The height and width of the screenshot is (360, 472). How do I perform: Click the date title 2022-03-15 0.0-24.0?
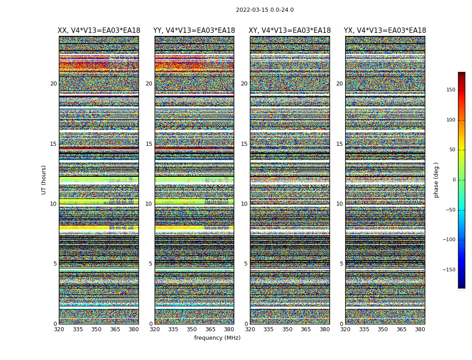pyautogui.click(x=265, y=10)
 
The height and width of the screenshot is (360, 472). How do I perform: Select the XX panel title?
pyautogui.click(x=99, y=31)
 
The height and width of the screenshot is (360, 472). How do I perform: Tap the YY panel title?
pyautogui.click(x=194, y=31)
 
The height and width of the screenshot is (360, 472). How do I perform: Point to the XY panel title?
pyautogui.click(x=290, y=31)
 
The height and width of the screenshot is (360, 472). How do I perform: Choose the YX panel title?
pyautogui.click(x=385, y=31)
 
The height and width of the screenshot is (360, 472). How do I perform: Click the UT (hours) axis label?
pyautogui.click(x=44, y=180)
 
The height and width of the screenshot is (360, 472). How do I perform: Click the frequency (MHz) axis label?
pyautogui.click(x=217, y=338)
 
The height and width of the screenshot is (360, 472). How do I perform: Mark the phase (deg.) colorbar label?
pyautogui.click(x=436, y=180)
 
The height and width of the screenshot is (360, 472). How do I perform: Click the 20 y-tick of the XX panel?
pyautogui.click(x=53, y=84)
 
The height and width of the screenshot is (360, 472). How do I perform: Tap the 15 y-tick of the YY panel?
pyautogui.click(x=149, y=144)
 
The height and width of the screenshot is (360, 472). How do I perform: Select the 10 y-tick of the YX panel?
pyautogui.click(x=339, y=204)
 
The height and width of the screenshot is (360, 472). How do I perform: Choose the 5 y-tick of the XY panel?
pyautogui.click(x=246, y=264)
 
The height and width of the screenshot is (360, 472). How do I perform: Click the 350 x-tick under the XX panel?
pyautogui.click(x=97, y=329)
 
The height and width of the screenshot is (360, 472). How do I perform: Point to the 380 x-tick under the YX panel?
pyautogui.click(x=420, y=329)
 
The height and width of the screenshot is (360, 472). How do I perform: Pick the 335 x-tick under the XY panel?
pyautogui.click(x=268, y=329)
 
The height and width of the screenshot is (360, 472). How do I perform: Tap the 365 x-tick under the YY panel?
pyautogui.click(x=210, y=329)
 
